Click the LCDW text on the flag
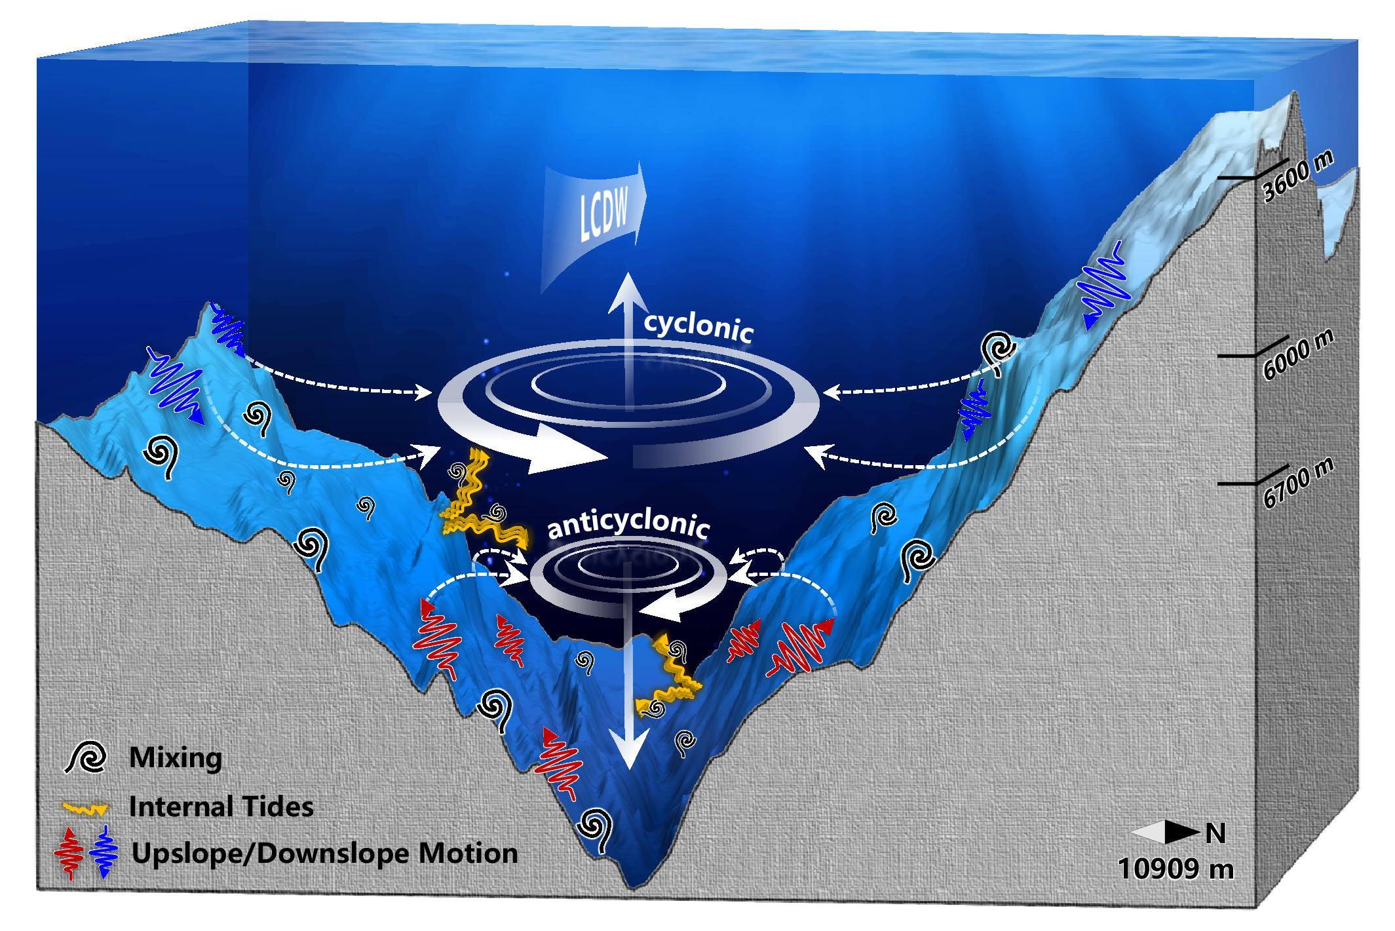[603, 212]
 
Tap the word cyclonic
[698, 326]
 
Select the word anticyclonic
[628, 523]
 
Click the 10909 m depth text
[1175, 869]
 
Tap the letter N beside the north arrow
[1216, 833]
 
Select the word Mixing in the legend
[176, 757]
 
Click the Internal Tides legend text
[221, 807]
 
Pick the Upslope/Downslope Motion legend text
[324, 853]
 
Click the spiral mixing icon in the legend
[86, 757]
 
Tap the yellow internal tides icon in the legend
[85, 809]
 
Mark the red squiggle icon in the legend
[69, 852]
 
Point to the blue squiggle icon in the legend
[104, 852]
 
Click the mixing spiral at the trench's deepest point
[595, 829]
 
